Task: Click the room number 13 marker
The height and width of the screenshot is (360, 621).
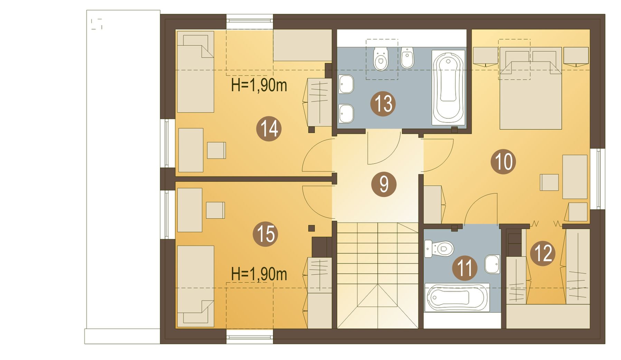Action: pos(383,104)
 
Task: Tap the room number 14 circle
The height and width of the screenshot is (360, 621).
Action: pos(269,129)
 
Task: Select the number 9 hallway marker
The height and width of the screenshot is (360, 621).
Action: pos(384,184)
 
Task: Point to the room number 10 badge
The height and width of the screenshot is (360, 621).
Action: pos(503,161)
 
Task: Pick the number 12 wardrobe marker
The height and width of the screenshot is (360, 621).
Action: pos(543,253)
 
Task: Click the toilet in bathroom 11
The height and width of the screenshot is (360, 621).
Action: pos(439,248)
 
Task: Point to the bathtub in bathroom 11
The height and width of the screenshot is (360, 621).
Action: pos(457,297)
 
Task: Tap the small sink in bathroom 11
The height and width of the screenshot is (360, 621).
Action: pos(492,264)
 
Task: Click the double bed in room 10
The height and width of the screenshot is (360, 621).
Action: pos(530,88)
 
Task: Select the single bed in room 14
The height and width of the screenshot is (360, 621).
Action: pos(196,72)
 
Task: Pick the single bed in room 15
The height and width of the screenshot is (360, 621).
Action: pos(196,286)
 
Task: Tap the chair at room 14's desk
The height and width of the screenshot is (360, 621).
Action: pos(216,150)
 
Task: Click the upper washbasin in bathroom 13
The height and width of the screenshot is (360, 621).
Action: pos(346,84)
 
